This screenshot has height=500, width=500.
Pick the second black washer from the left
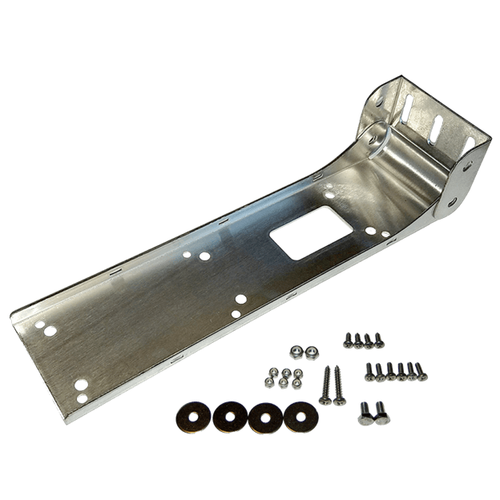[230, 416]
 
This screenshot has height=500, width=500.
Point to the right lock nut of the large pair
[311, 350]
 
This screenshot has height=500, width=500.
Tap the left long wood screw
[325, 384]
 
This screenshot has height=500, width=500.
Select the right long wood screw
[337, 384]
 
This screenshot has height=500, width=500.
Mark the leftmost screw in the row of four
[349, 341]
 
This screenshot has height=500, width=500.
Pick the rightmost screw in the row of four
[378, 341]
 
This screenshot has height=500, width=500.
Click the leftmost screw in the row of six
[370, 372]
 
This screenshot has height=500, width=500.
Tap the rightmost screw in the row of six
[421, 372]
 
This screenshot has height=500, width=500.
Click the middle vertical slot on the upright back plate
[436, 129]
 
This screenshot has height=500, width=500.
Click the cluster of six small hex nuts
[284, 377]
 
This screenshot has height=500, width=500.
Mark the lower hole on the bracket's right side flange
[453, 203]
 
